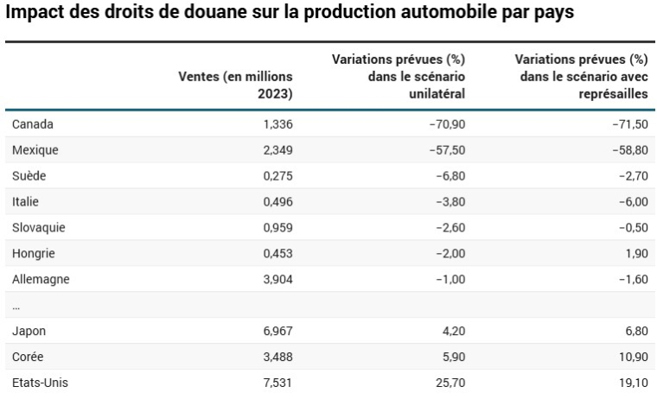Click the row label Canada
click(x=33, y=123)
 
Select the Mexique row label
click(x=35, y=149)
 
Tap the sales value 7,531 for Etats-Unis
click(x=276, y=383)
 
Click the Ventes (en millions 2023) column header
click(x=235, y=85)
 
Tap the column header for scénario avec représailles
click(x=581, y=76)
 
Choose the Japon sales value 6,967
click(x=276, y=331)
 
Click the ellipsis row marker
click(x=16, y=306)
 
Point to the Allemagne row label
click(x=41, y=279)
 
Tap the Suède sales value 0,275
click(x=276, y=175)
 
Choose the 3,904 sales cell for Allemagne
click(x=276, y=279)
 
